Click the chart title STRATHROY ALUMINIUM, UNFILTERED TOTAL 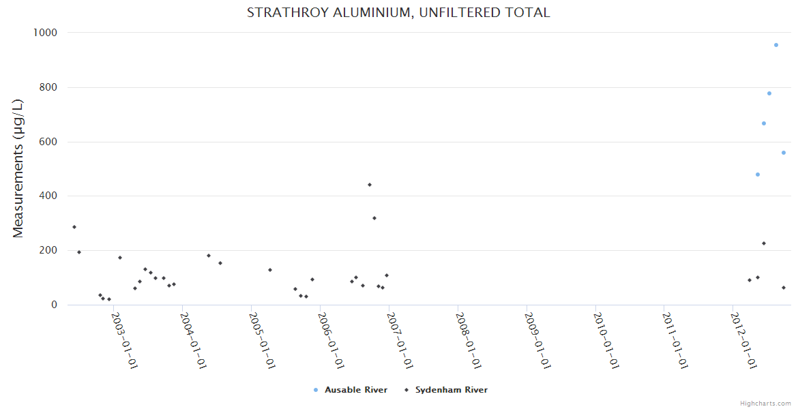point(398,13)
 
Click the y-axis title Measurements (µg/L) point(18,168)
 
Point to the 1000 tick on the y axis point(45,33)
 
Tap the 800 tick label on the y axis point(48,87)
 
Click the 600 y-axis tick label point(48,142)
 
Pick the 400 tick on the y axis point(48,196)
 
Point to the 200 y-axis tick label point(48,251)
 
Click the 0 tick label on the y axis point(53,305)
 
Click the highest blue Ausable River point point(776,45)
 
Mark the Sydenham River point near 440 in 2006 point(370,185)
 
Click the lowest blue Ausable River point point(757,175)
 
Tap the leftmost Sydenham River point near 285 point(74,227)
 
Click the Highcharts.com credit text point(766,404)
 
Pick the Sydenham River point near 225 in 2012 point(764,243)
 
